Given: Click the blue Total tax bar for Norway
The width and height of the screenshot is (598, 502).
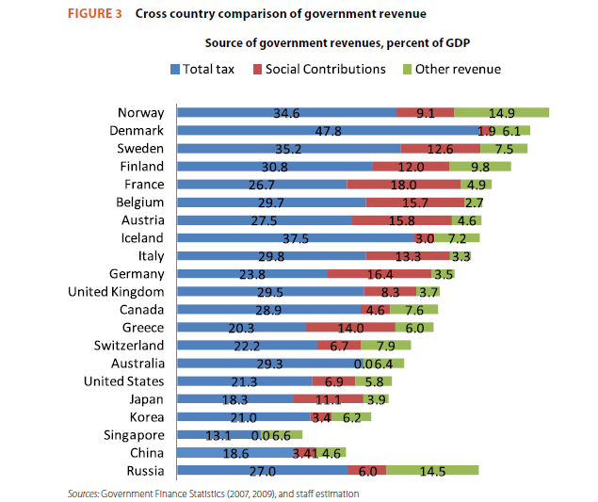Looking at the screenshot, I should point(286,113).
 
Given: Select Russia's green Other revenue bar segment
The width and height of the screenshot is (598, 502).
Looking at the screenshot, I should point(432,471).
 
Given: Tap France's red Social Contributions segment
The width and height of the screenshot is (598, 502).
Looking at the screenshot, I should point(404,185).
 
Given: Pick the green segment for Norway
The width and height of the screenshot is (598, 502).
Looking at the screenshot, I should point(501,113).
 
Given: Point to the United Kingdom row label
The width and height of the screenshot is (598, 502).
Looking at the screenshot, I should point(117,292).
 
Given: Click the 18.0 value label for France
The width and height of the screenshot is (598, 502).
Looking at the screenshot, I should point(404,185).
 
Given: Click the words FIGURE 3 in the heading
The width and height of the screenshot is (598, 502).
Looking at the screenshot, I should point(90,13).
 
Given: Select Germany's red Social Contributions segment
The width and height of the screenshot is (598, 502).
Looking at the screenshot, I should point(379,274).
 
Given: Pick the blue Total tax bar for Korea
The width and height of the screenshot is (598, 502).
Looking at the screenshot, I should point(244,417).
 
